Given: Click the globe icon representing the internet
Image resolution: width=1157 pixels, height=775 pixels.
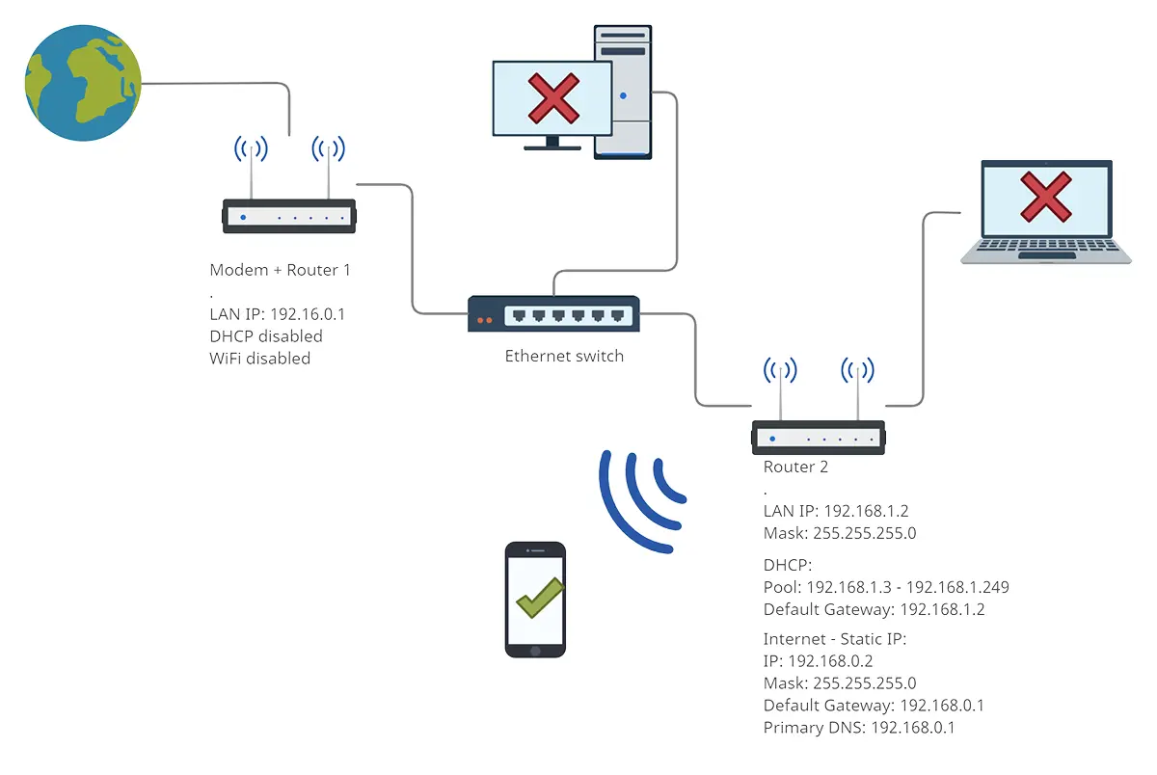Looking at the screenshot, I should coord(83,83).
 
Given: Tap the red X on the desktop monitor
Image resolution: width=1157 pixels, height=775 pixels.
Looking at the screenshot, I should coord(552,97).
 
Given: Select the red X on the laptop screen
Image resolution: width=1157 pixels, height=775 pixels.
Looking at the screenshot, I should coord(1046,197).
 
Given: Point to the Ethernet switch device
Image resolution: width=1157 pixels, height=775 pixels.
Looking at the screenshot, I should coord(553,314).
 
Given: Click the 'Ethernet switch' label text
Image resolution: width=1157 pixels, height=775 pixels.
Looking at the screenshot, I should coord(564,357).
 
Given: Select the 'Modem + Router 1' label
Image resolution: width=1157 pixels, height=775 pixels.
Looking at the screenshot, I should coord(280,270).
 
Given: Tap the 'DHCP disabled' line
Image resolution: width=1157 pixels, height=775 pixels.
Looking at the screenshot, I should coord(265,336).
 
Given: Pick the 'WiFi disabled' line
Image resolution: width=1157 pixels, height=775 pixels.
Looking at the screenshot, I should coord(259,359).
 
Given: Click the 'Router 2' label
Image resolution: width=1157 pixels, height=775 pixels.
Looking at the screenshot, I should coord(795,468).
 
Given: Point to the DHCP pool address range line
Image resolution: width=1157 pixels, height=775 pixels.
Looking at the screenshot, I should coord(885,587).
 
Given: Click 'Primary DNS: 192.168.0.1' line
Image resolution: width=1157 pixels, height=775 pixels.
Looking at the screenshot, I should coord(858,728).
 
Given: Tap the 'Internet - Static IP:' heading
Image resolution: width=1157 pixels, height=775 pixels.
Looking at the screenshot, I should coord(835,639).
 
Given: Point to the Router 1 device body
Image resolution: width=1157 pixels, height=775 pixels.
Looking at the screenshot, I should coord(289,217).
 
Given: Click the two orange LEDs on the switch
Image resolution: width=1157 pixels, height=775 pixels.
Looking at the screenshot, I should coord(484,320).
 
